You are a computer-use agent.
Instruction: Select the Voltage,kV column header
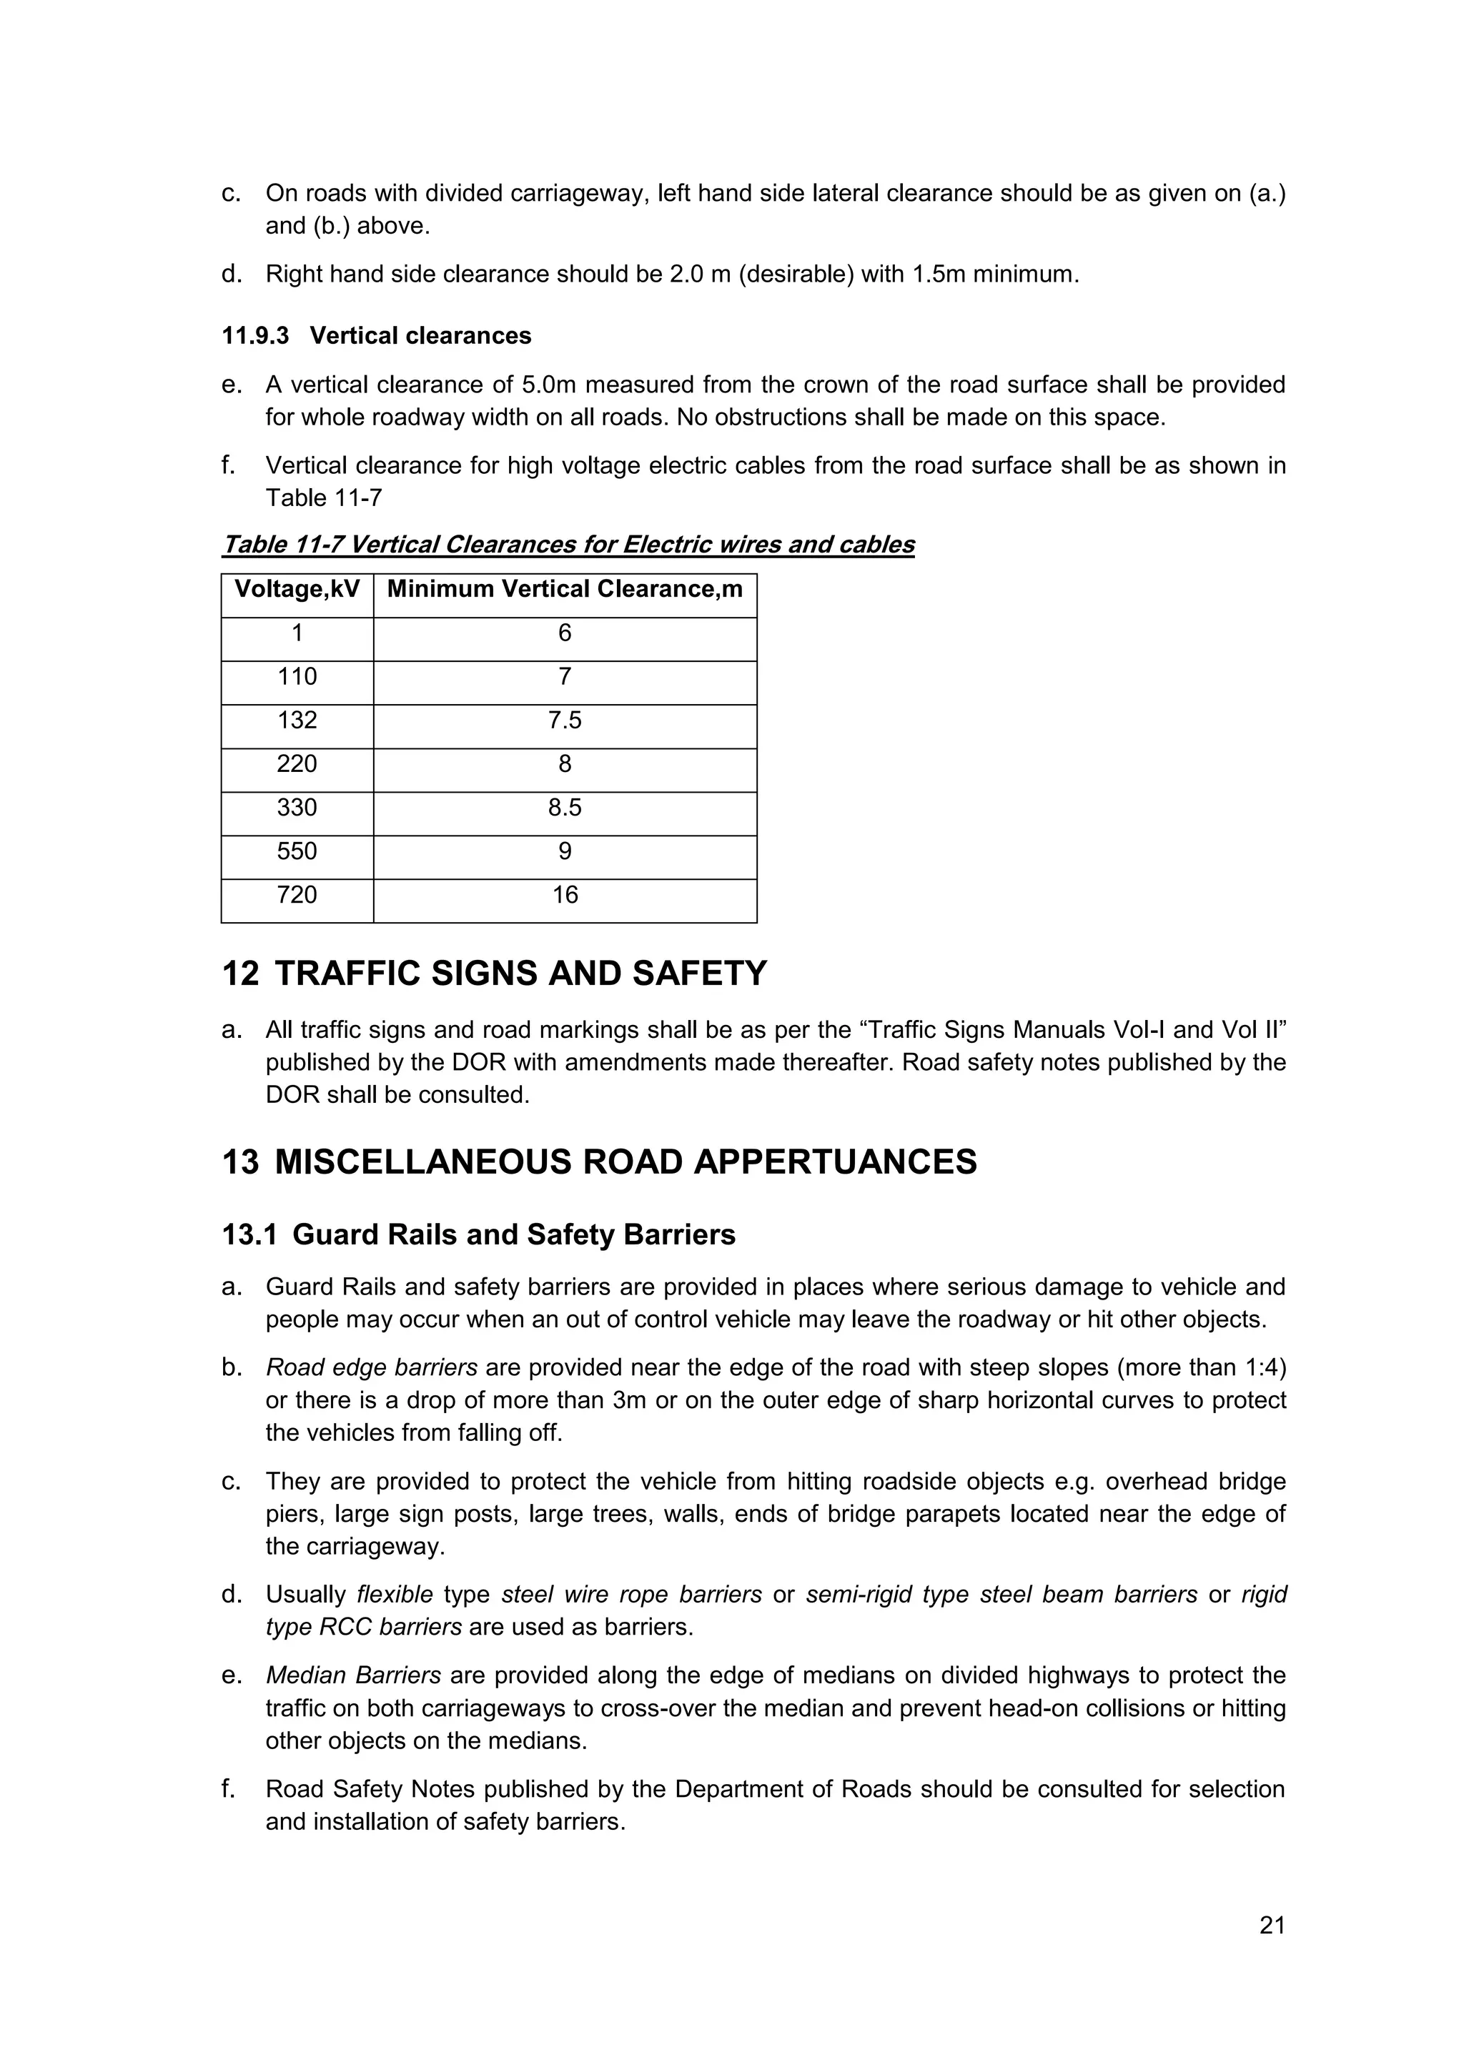(297, 590)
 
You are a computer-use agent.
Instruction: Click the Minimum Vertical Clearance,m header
(564, 590)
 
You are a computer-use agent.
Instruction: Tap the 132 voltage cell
(297, 720)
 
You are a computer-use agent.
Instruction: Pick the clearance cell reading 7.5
(564, 720)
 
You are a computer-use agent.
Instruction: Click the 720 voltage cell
(297, 895)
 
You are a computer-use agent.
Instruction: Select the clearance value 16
(564, 895)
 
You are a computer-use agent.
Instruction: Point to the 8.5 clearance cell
(564, 808)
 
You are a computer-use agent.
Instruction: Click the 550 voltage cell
(297, 851)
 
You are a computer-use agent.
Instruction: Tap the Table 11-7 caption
(568, 545)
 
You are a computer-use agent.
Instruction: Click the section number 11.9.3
(255, 336)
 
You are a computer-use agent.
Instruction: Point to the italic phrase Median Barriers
(353, 1675)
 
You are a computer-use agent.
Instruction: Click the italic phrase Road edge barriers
(372, 1367)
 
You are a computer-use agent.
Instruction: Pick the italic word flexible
(395, 1595)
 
